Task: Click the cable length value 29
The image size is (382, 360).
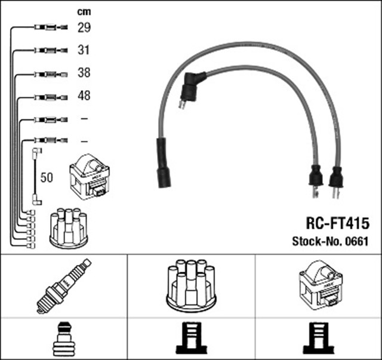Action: [x=84, y=27]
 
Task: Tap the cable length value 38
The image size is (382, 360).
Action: [x=84, y=73]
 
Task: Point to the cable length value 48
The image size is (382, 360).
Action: [x=84, y=96]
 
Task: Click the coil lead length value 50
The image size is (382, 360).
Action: [x=47, y=177]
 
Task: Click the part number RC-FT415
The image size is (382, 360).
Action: [x=329, y=223]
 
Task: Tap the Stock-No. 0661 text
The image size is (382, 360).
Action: [x=329, y=242]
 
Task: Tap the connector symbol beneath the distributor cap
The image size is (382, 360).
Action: [x=191, y=339]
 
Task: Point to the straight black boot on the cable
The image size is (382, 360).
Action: [x=162, y=163]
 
